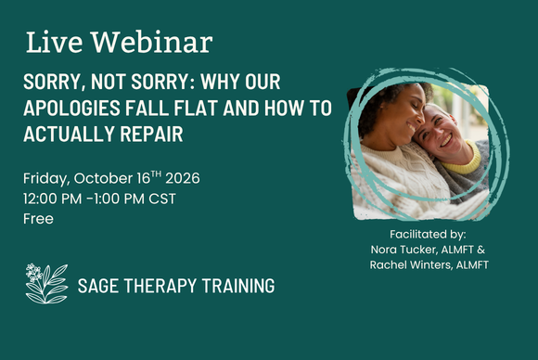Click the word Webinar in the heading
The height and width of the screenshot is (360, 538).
click(151, 42)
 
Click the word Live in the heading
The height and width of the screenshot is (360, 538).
click(54, 42)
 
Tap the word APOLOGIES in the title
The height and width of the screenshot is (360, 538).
click(71, 108)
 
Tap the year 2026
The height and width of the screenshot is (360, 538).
click(183, 178)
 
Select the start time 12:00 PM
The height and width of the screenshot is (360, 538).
click(53, 199)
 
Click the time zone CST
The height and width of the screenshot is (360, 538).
click(162, 199)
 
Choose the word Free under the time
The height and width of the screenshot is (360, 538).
click(38, 219)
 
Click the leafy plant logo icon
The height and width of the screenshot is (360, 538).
click(46, 284)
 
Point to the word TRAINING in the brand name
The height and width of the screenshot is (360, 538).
click(238, 286)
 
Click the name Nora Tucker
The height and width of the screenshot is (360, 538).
click(403, 250)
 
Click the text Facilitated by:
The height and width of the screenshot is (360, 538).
click(428, 235)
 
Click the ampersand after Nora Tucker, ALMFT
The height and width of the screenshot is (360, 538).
click(481, 250)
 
